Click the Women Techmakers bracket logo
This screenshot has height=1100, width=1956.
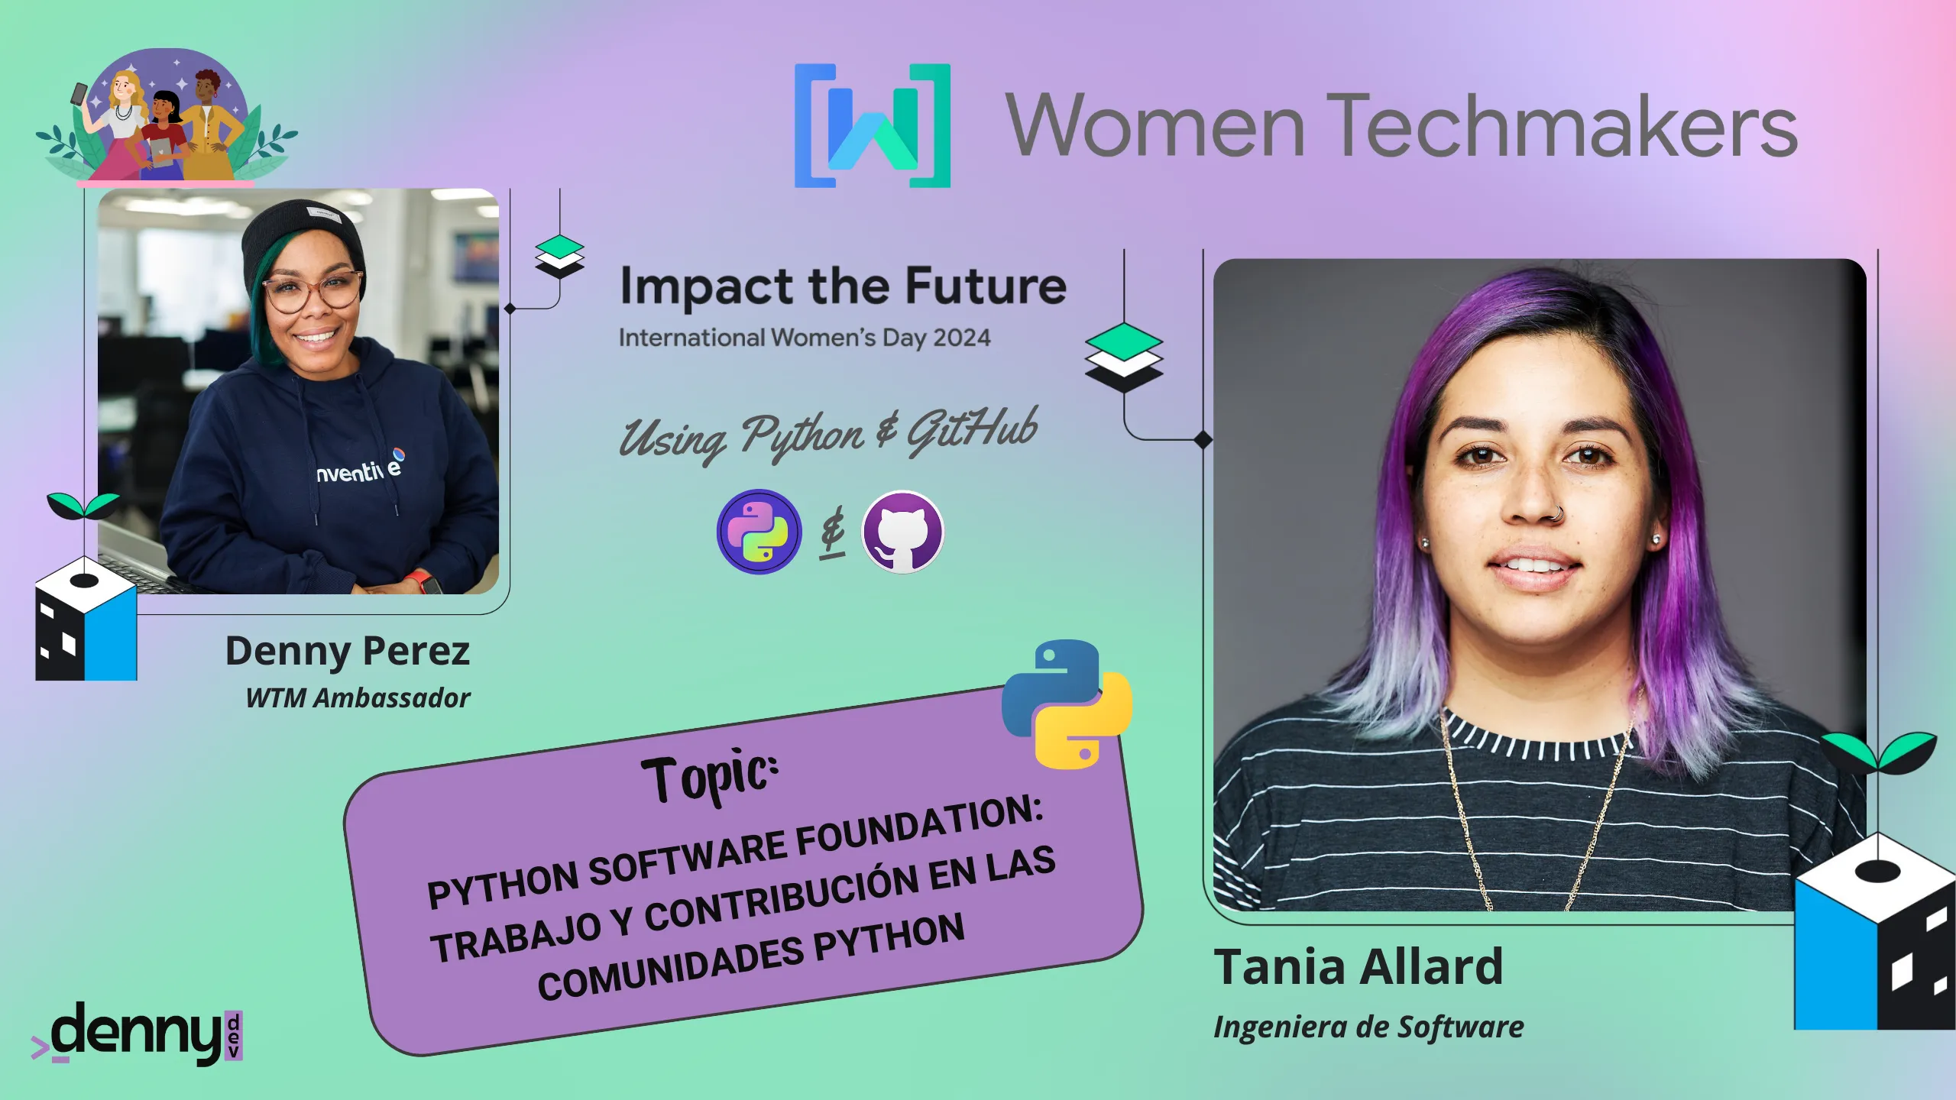tap(873, 125)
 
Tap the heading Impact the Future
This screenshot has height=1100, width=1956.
tap(843, 286)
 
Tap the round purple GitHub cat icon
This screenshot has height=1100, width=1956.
tap(902, 532)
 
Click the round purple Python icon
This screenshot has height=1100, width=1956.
tap(759, 532)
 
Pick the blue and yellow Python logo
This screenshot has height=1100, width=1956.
tap(1067, 704)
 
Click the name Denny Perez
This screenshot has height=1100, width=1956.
tap(348, 652)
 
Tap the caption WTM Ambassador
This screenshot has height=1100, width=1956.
tap(358, 697)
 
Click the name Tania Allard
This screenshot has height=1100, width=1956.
tap(1359, 966)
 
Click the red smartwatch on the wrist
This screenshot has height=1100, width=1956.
tap(423, 582)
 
